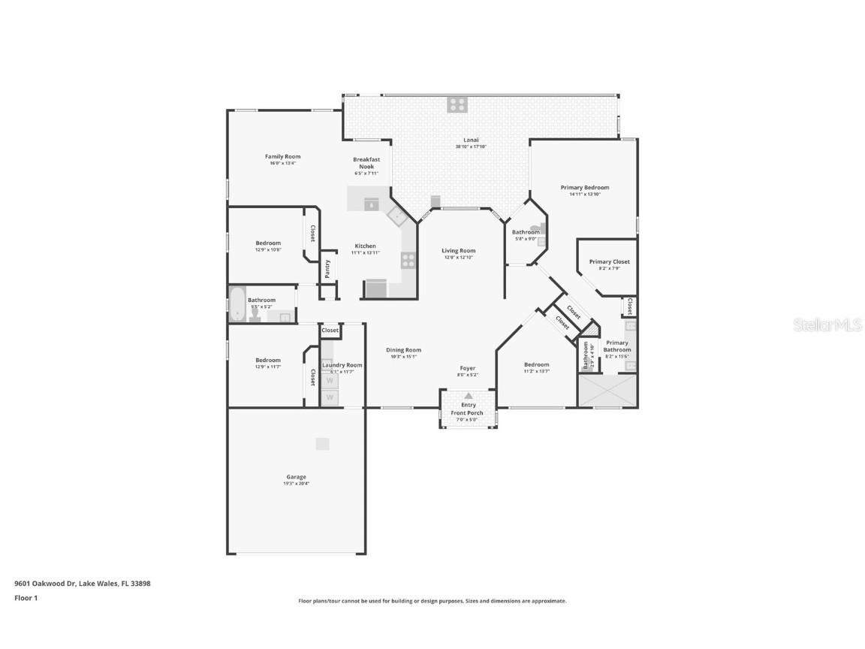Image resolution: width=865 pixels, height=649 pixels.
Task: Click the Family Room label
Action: pyautogui.click(x=282, y=157)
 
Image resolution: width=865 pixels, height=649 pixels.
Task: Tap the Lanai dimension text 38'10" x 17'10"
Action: pyautogui.click(x=471, y=147)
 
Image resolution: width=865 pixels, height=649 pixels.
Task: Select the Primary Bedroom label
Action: pyautogui.click(x=584, y=187)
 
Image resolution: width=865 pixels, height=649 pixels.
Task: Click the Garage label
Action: pyautogui.click(x=296, y=477)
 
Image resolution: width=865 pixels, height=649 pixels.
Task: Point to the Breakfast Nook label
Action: pyautogui.click(x=366, y=163)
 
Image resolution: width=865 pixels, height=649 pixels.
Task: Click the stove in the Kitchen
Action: pyautogui.click(x=408, y=260)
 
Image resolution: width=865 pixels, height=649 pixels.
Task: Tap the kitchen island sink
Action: pyautogui.click(x=370, y=203)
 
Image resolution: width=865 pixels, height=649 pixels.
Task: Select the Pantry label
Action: pyautogui.click(x=327, y=269)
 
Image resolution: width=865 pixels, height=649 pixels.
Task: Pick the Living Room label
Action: pyautogui.click(x=458, y=251)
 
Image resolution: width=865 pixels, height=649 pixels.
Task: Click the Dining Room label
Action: pyautogui.click(x=403, y=350)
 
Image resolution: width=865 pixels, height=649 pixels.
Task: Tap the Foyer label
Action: pyautogui.click(x=468, y=368)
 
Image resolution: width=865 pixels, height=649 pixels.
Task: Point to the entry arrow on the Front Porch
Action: pyautogui.click(x=468, y=395)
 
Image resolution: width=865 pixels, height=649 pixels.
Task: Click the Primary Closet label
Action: pyautogui.click(x=609, y=262)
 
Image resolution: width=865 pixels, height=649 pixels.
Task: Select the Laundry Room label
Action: pyautogui.click(x=342, y=365)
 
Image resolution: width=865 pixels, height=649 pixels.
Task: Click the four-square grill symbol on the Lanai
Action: pyautogui.click(x=457, y=104)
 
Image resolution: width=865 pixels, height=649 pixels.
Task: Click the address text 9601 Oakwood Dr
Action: pyautogui.click(x=45, y=583)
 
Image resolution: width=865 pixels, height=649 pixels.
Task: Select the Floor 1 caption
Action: pyautogui.click(x=26, y=598)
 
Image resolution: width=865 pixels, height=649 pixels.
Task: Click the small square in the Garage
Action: pyautogui.click(x=322, y=444)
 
